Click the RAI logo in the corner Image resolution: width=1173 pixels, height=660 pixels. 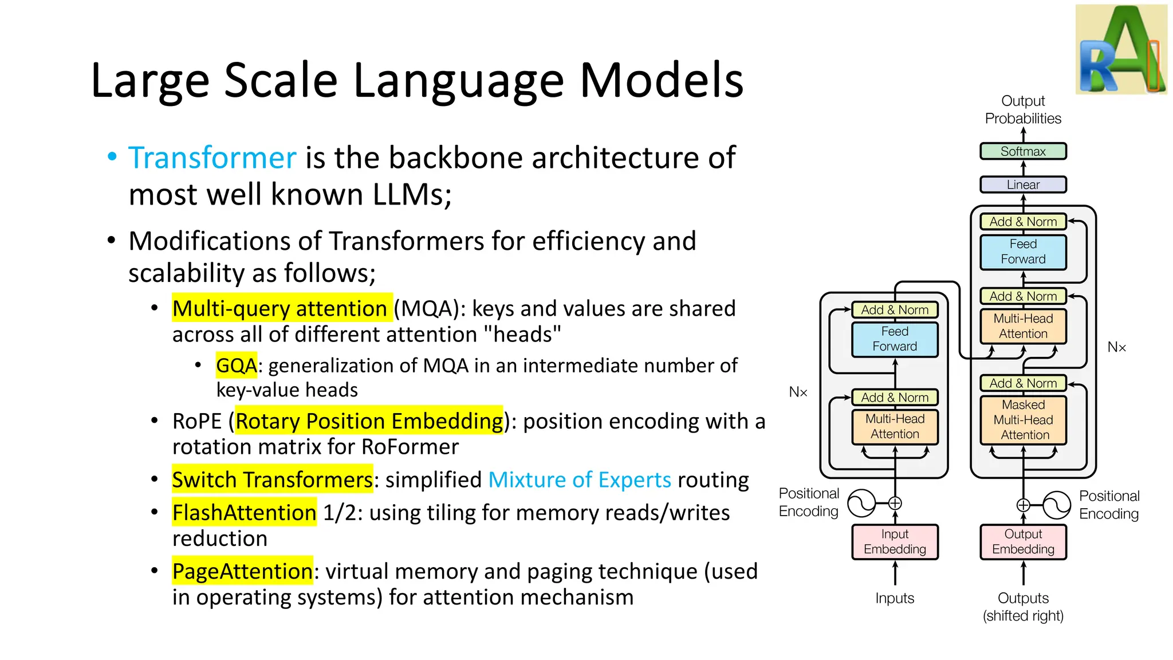click(1121, 50)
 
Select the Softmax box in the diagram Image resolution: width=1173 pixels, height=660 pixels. click(1023, 151)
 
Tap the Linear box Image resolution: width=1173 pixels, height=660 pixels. click(1023, 184)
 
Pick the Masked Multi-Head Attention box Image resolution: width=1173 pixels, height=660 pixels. click(1023, 420)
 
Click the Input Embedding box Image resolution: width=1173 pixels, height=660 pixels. click(895, 541)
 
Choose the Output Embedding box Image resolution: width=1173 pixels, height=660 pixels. click(1023, 541)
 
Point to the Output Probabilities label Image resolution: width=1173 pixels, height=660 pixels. click(1023, 109)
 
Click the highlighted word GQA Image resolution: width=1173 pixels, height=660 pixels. click(236, 366)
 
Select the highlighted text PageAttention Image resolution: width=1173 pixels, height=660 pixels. click(242, 571)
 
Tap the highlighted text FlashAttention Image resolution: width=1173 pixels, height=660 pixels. click(244, 512)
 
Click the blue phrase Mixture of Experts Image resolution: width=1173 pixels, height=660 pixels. click(579, 480)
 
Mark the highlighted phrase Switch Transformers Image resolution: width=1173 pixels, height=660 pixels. click(272, 480)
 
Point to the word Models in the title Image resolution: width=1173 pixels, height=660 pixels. click(661, 80)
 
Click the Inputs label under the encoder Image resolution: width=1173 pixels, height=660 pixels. click(895, 598)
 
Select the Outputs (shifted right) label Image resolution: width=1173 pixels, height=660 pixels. click(1023, 607)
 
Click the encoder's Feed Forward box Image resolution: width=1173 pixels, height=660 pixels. click(895, 339)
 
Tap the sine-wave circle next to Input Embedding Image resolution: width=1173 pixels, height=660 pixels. click(861, 503)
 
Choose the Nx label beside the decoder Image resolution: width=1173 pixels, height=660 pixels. click(1116, 347)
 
